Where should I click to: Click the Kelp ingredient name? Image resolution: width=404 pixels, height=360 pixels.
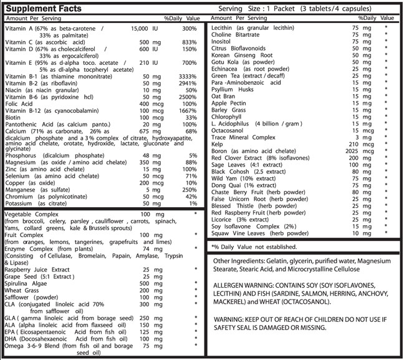[218, 144]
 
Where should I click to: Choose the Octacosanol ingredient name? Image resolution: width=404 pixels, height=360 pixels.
[231, 130]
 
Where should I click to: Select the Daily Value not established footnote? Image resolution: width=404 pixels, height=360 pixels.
[256, 248]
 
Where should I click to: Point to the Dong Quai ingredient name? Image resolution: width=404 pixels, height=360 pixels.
[228, 185]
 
